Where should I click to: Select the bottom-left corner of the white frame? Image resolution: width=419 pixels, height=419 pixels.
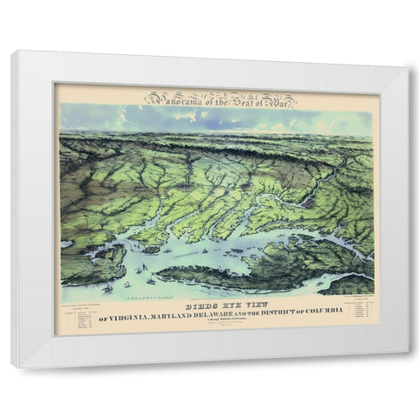point(12,367)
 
